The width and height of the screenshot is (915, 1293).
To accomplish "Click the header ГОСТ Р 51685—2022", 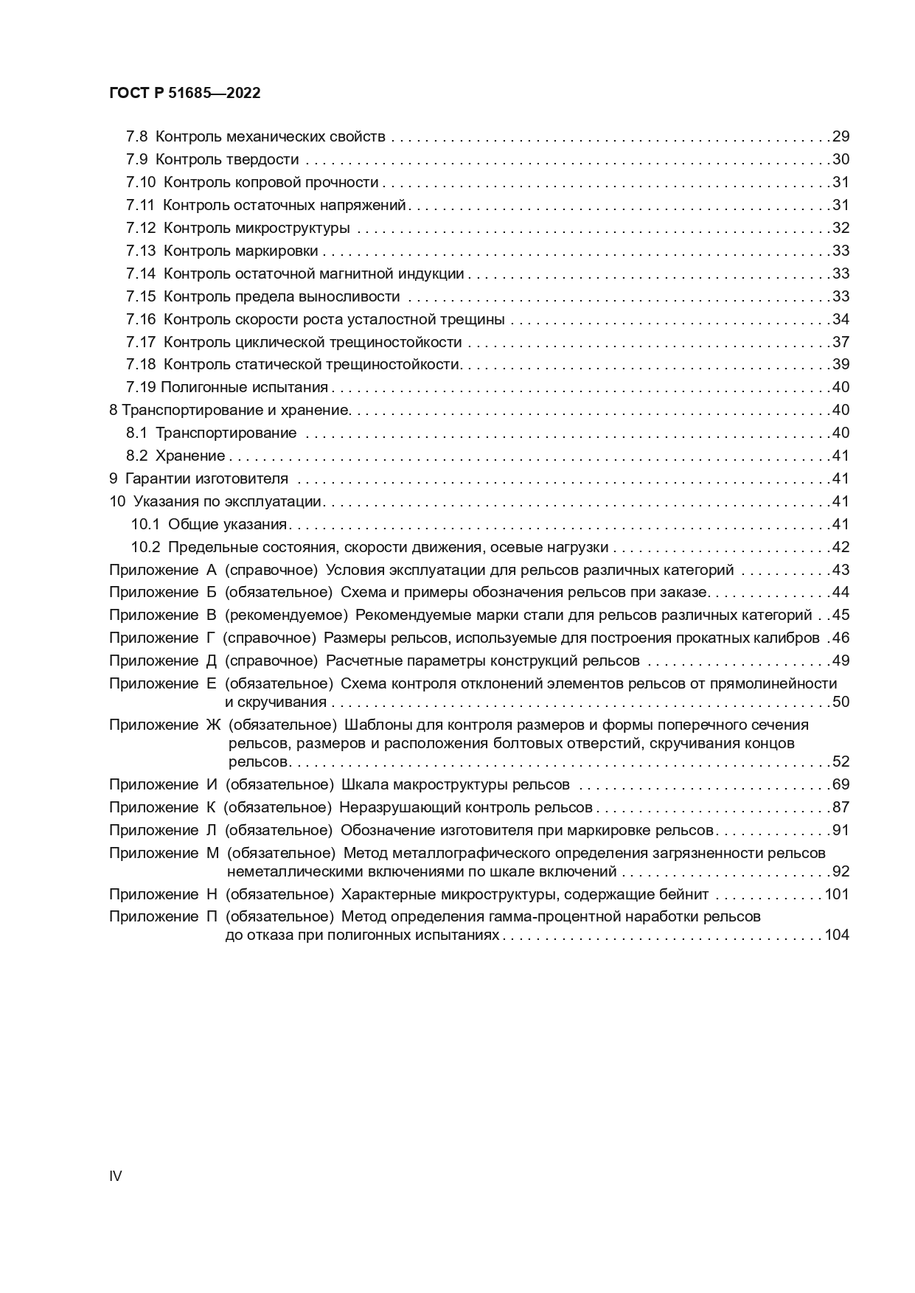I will [184, 94].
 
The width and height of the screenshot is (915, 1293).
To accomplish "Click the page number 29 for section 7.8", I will [841, 136].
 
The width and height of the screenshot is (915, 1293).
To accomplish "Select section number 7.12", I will [141, 228].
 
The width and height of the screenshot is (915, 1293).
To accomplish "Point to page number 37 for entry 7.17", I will [841, 342].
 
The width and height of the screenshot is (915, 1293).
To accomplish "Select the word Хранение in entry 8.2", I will [190, 456].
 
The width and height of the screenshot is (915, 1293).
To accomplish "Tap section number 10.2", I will [145, 548].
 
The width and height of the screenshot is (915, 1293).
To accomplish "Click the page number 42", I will [841, 548].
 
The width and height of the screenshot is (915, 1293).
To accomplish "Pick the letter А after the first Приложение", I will [211, 571].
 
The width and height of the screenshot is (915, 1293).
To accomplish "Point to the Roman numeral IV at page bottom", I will [116, 1177].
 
